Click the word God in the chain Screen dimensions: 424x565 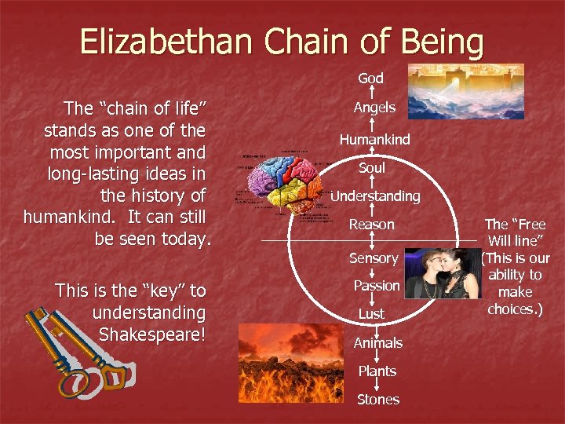click(370, 78)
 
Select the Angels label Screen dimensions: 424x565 click(374, 107)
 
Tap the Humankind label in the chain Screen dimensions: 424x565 click(374, 139)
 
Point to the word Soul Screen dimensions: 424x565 click(372, 167)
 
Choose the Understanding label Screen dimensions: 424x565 click(374, 196)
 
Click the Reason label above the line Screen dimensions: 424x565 click(372, 225)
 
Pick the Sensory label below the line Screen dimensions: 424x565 click(374, 258)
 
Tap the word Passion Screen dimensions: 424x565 click(376, 285)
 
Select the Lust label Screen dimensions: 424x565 click(371, 313)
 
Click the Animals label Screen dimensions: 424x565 click(377, 342)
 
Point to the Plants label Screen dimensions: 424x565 click(377, 371)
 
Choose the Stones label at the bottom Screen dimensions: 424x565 click(377, 399)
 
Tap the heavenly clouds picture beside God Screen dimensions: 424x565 click(455, 91)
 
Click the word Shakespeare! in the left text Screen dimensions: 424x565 click(152, 334)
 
